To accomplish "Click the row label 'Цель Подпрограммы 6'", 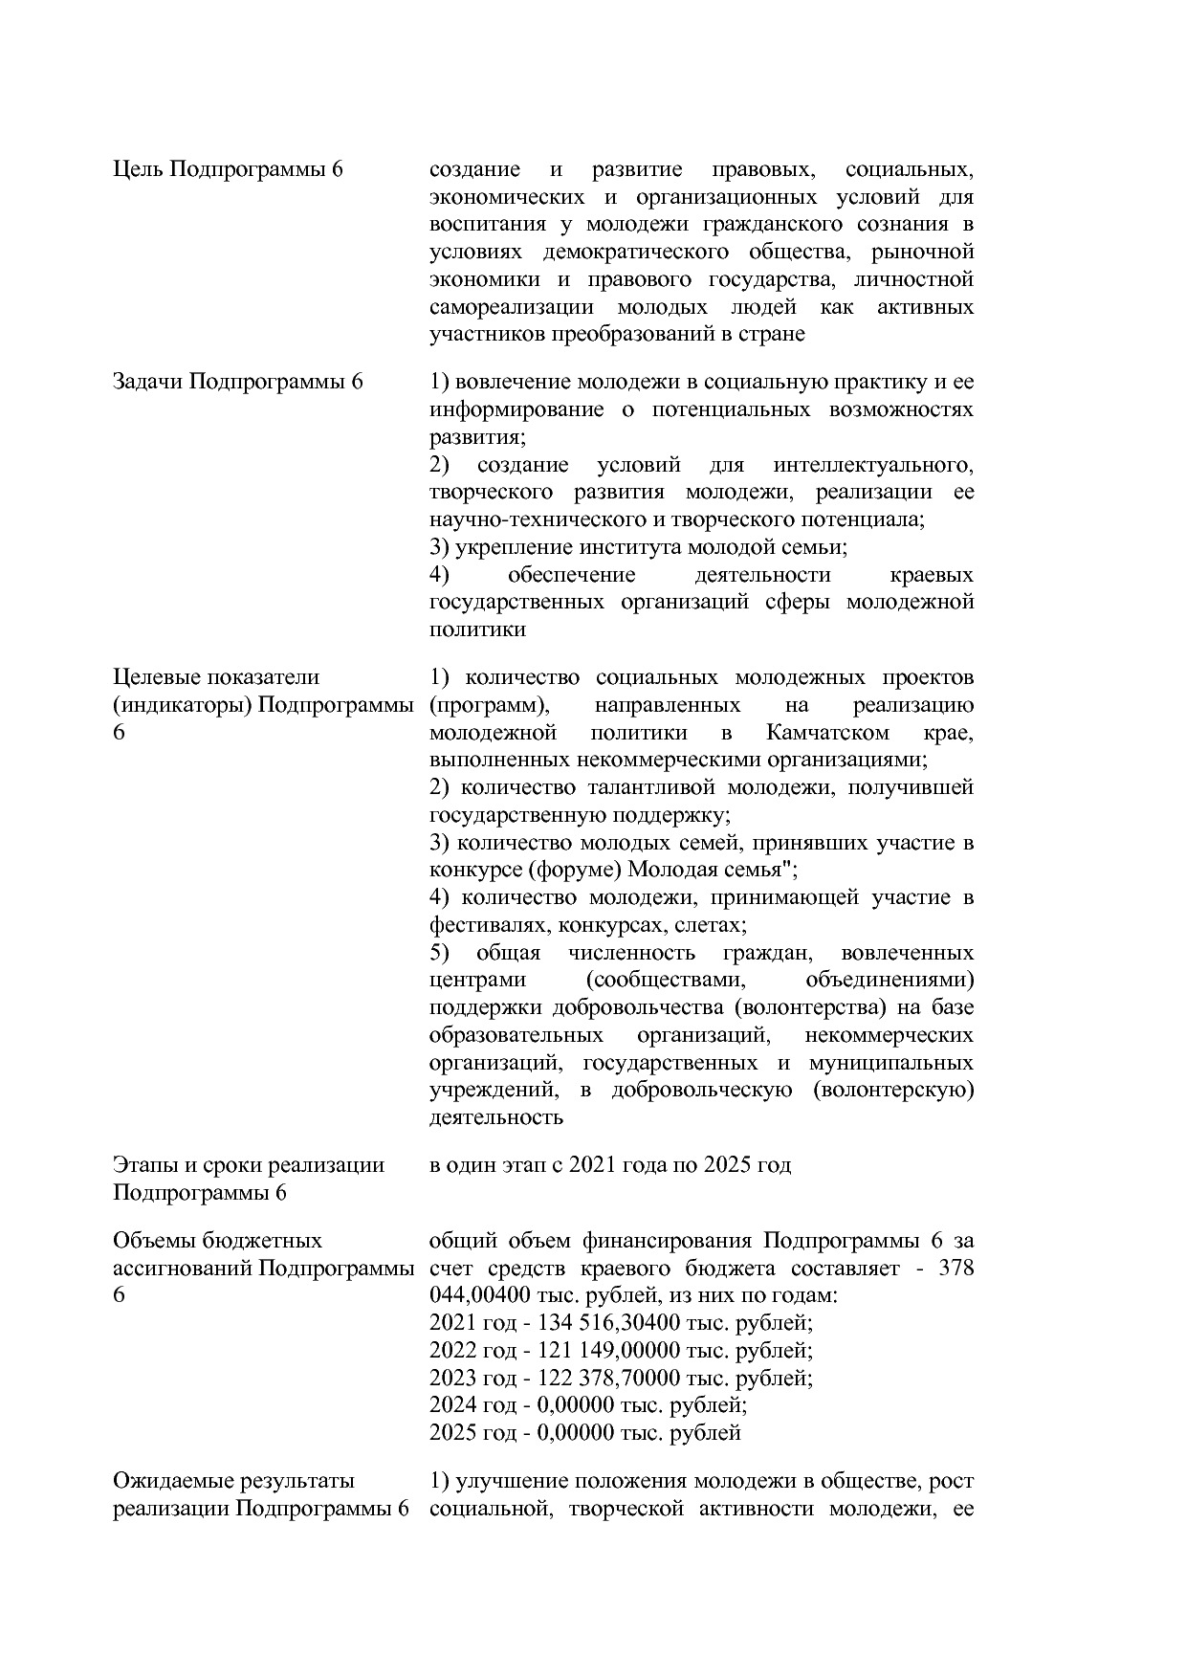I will pyautogui.click(x=228, y=170).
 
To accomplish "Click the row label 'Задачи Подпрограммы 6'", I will pyautogui.click(x=238, y=382).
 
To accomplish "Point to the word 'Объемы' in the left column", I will pyautogui.click(x=150, y=1241).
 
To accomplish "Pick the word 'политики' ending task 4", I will pyautogui.click(x=477, y=630).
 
